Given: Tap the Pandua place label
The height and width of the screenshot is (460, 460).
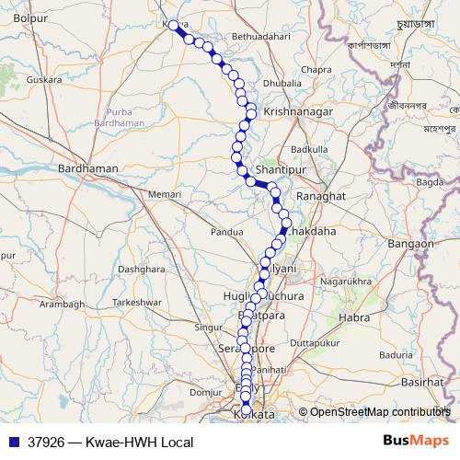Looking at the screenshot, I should (x=226, y=232).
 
